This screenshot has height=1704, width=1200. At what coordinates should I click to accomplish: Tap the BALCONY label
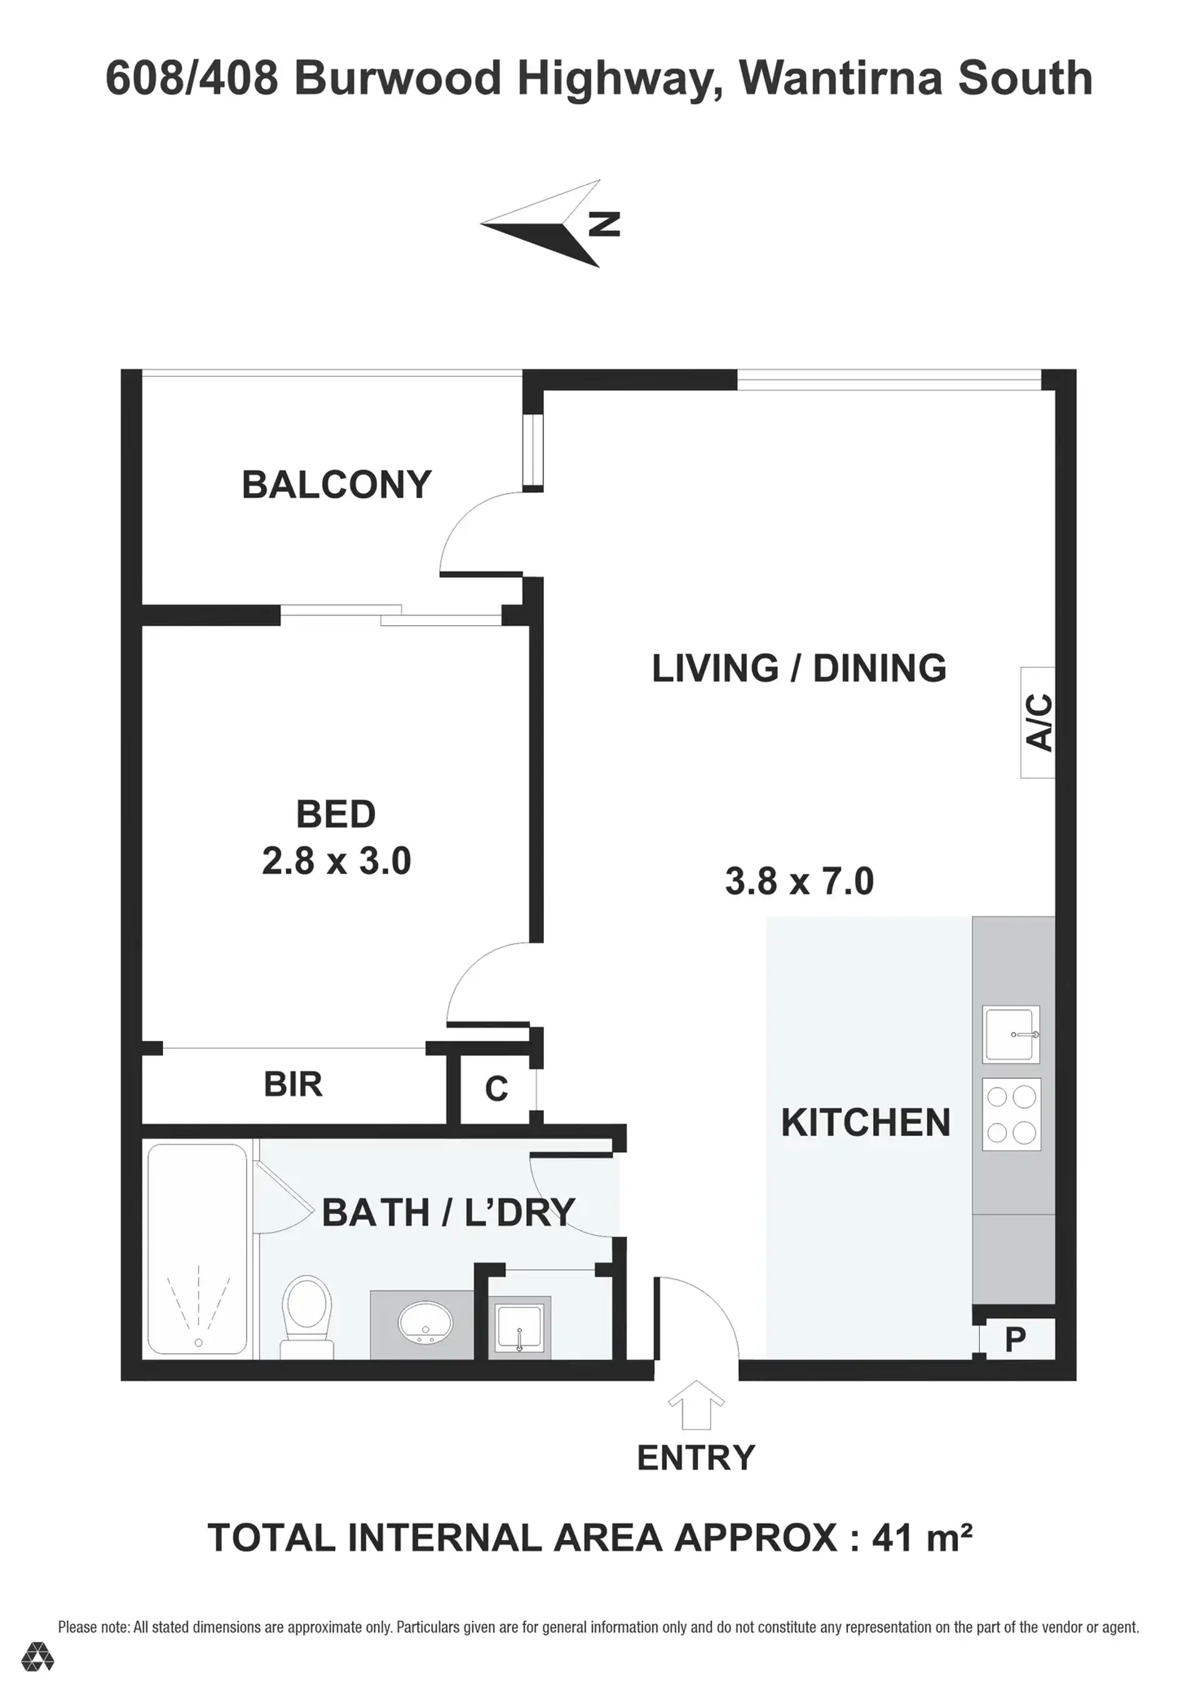[337, 484]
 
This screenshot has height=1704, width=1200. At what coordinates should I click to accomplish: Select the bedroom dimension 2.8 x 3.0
[336, 861]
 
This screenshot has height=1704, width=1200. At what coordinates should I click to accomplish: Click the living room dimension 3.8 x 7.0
[799, 881]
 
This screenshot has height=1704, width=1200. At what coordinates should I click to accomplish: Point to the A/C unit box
[1037, 722]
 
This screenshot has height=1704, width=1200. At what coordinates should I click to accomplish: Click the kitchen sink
[1011, 1035]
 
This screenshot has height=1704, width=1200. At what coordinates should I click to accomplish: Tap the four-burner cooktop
[1011, 1114]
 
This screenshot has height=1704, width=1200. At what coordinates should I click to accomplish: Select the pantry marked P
[1014, 1340]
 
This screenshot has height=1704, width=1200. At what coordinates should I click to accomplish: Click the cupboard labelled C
[496, 1089]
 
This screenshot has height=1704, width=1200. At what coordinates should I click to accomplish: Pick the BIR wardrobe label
[293, 1085]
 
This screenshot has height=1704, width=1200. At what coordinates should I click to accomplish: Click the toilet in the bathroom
[308, 1317]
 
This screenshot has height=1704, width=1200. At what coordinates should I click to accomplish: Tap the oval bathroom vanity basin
[425, 1321]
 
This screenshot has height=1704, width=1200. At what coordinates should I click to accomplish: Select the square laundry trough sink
[519, 1330]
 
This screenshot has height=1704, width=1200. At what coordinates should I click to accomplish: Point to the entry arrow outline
[696, 1405]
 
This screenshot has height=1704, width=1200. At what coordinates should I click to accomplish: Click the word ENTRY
[696, 1458]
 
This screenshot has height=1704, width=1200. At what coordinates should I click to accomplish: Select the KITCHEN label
[865, 1122]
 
